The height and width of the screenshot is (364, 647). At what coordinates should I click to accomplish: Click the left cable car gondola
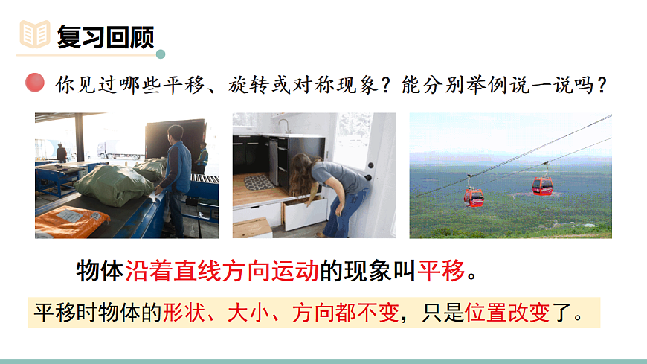(474, 196)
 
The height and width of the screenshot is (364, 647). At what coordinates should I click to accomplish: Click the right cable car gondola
(542, 185)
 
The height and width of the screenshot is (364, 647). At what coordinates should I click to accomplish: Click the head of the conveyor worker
(174, 134)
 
